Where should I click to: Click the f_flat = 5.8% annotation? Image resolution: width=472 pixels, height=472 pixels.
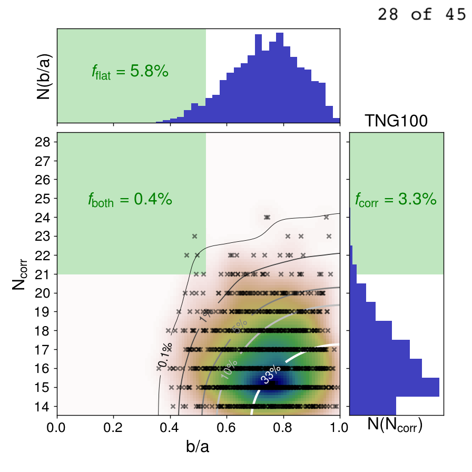(x=130, y=72)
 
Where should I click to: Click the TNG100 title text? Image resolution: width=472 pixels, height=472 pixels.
(x=396, y=122)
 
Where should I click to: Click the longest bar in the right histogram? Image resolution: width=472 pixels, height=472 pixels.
(x=395, y=387)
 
